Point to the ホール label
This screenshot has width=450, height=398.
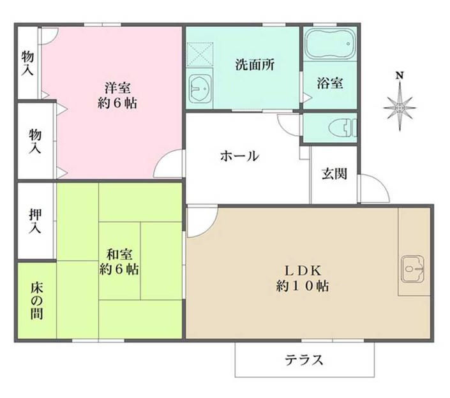pos(239,156)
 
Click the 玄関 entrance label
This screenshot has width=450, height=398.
pos(333,173)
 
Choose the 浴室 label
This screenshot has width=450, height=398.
pos(329,82)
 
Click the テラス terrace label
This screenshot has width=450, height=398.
pos(304,360)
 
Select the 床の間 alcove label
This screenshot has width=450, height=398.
pos(36,300)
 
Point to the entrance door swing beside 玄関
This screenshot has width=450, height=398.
pos(371,188)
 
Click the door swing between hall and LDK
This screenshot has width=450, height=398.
pos(200,220)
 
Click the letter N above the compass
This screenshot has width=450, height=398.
pos(400,75)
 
